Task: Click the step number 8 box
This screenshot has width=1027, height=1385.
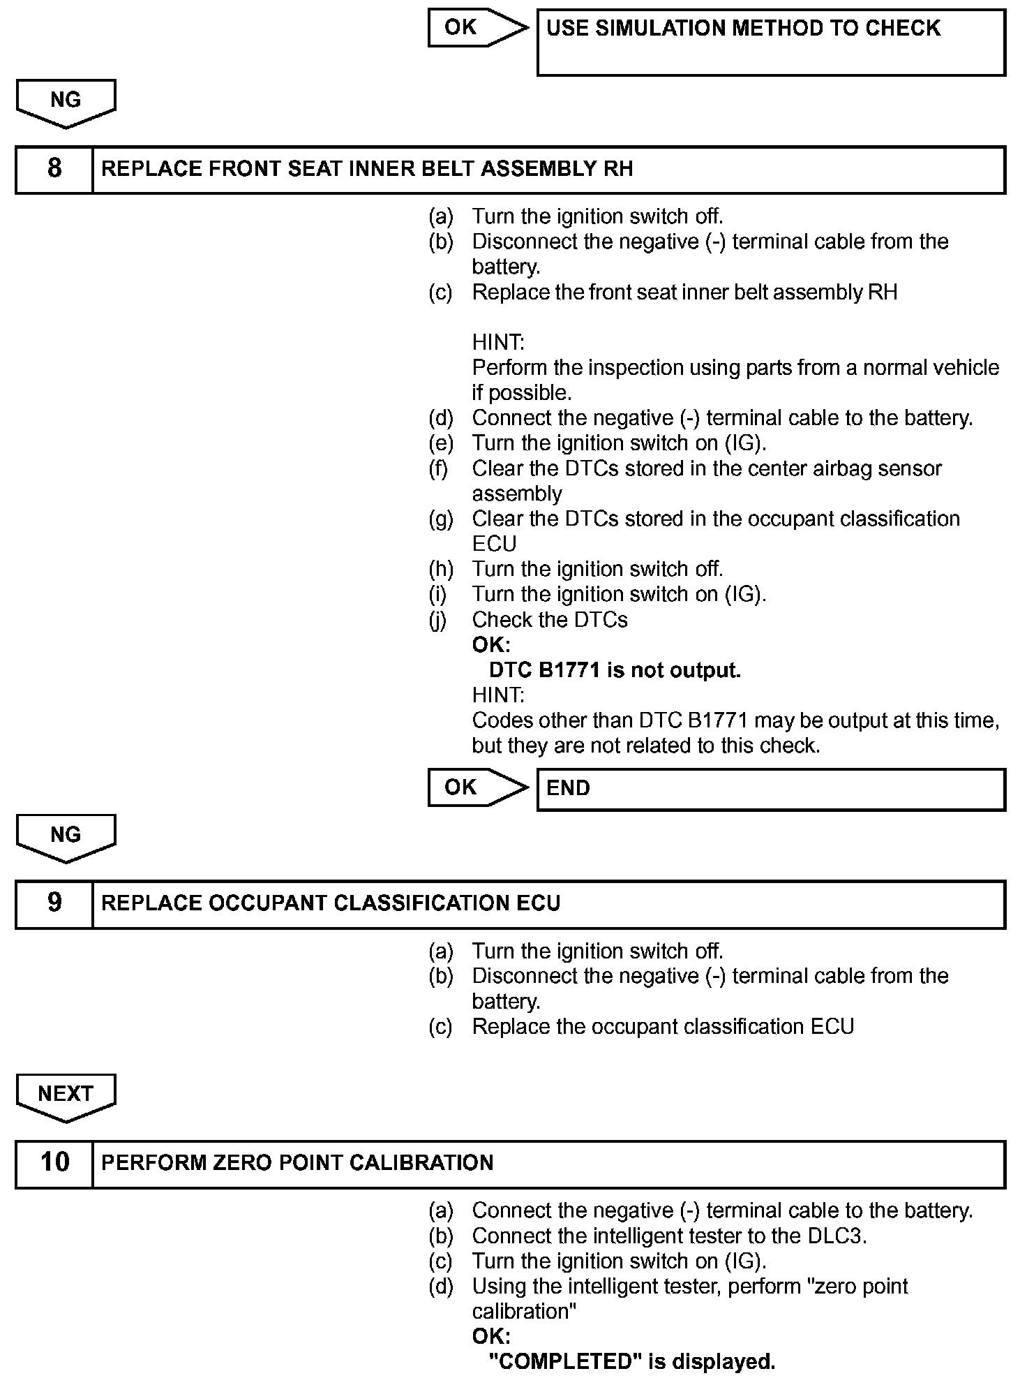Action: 54,170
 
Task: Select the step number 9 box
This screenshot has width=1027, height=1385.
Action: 54,904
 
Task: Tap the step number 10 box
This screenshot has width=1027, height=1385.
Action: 54,1164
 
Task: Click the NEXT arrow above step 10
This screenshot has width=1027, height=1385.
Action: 66,1095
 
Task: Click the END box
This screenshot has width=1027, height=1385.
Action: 770,790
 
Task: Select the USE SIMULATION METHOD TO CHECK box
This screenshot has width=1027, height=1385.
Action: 770,41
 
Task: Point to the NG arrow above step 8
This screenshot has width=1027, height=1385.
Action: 66,102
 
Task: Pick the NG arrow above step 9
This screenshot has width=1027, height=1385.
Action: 66,836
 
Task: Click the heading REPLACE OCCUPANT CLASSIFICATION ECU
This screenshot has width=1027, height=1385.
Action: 331,904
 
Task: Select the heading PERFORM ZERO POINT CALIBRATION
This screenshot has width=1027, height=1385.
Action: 297,1164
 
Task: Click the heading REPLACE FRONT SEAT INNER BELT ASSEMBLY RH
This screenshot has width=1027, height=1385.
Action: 367,170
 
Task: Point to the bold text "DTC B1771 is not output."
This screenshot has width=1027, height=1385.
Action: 615,671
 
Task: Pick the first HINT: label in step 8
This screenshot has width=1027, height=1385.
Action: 497,343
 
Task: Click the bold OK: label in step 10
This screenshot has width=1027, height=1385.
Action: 491,1337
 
